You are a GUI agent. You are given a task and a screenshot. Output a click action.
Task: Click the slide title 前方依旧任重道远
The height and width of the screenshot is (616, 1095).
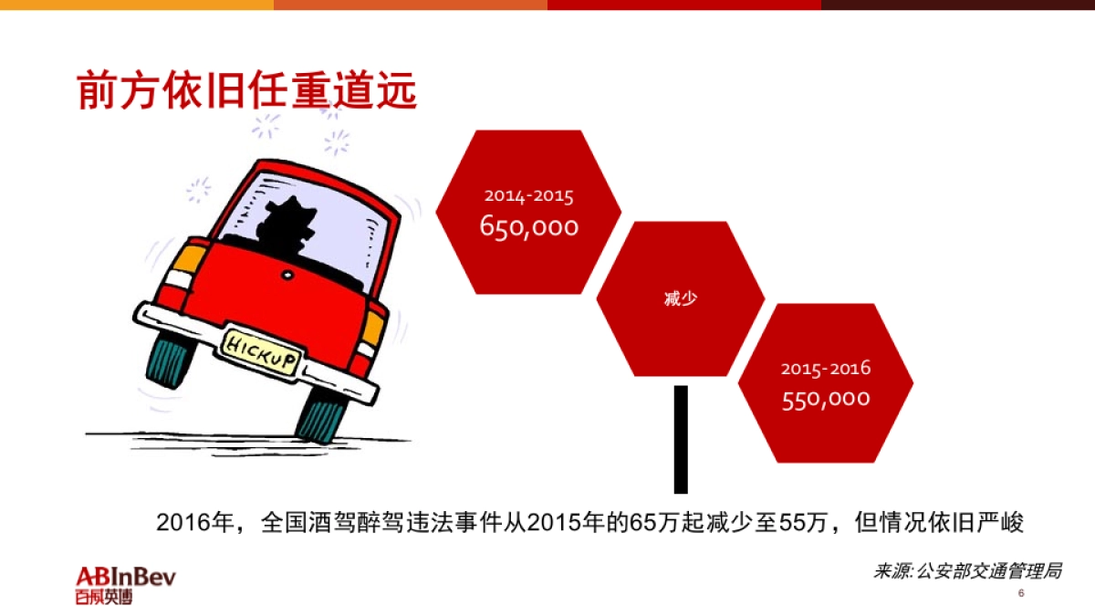[246, 89]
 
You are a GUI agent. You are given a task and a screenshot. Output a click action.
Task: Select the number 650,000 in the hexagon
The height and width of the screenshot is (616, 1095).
[529, 226]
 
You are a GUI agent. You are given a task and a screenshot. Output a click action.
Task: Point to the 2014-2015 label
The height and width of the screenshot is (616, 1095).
[529, 195]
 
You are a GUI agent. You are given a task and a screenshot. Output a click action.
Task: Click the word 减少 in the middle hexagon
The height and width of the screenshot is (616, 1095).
[681, 298]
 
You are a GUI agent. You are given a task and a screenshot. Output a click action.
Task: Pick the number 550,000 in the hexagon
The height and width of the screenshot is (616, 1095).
[826, 399]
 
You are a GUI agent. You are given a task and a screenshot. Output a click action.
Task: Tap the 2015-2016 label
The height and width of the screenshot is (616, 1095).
[826, 369]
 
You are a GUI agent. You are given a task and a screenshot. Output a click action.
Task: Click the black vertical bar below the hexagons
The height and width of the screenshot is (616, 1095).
[681, 439]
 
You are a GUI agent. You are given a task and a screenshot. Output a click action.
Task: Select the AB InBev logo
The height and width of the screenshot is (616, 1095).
[126, 585]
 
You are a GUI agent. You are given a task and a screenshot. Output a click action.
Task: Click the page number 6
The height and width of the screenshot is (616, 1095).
[1021, 594]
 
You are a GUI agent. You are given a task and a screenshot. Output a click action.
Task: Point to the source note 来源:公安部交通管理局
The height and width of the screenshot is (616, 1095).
[967, 571]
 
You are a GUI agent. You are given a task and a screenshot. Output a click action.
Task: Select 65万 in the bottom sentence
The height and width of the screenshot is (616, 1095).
[645, 523]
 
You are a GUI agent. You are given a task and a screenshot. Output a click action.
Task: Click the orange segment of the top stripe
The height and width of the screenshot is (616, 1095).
[411, 5]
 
